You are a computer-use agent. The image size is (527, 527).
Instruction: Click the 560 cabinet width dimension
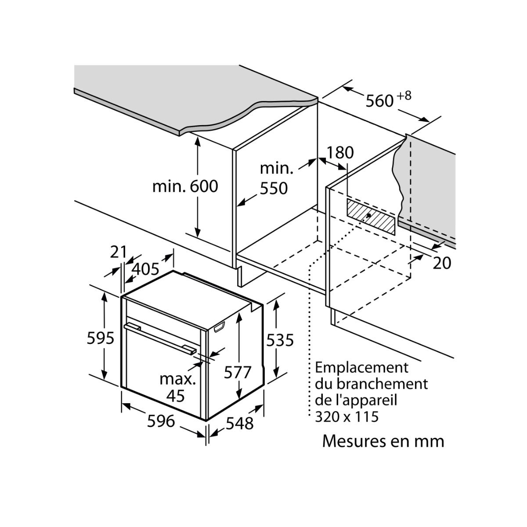[379, 101]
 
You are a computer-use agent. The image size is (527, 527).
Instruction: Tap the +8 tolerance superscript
[405, 96]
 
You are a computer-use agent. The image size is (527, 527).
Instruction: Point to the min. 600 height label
[185, 186]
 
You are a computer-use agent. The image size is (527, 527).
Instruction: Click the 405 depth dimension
[145, 269]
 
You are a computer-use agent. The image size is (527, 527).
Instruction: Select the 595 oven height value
[101, 338]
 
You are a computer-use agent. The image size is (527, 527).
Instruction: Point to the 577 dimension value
[238, 372]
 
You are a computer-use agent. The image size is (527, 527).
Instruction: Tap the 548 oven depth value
[240, 423]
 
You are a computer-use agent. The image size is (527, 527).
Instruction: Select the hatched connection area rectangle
[372, 215]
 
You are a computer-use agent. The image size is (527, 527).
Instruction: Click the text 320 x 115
[347, 416]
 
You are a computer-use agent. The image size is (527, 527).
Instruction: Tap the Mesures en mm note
[383, 441]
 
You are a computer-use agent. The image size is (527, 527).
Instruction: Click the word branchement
[382, 384]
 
